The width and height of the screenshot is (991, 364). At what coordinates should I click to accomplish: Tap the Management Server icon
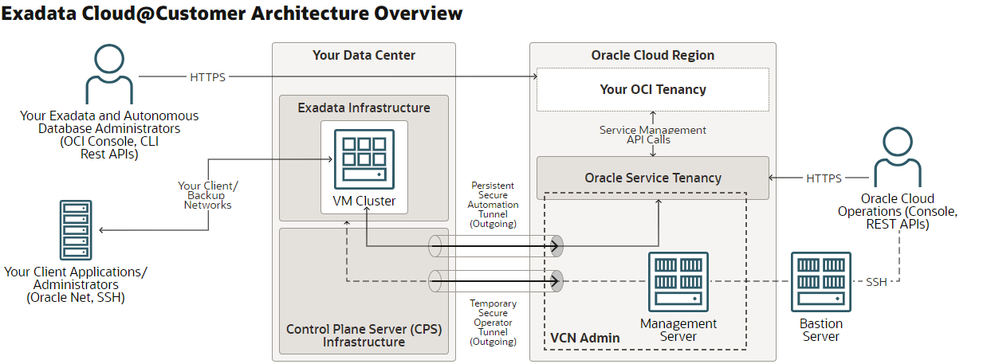[x=678, y=283]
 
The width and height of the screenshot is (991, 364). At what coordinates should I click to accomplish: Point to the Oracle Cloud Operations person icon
[x=897, y=159]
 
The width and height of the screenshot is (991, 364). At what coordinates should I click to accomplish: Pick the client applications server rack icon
[x=75, y=232]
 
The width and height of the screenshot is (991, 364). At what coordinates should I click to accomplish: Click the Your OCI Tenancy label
[x=653, y=89]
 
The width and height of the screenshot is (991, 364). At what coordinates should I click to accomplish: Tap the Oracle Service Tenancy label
[x=653, y=178]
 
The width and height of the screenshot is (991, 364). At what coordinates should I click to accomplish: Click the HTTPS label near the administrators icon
[x=207, y=77]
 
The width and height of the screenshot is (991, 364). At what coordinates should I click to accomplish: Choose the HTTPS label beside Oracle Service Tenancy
[x=824, y=178]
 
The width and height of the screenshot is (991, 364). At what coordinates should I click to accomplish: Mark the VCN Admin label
[x=584, y=338]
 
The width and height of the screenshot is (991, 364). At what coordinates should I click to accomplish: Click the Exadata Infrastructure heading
[x=364, y=108]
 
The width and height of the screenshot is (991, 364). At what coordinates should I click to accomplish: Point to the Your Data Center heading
[x=364, y=55]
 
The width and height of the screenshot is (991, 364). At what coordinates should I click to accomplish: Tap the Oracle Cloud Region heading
[x=653, y=55]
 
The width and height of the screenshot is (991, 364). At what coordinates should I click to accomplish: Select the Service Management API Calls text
[x=653, y=135]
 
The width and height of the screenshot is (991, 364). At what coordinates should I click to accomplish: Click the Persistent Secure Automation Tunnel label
[x=493, y=205]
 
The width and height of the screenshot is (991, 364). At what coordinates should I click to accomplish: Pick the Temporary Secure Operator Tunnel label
[x=493, y=323]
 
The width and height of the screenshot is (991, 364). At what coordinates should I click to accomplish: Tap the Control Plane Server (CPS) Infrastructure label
[x=364, y=335]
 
